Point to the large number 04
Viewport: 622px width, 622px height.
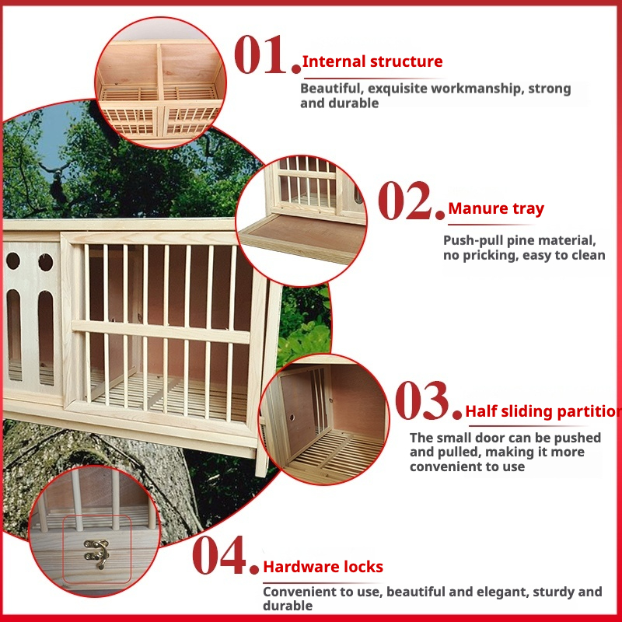pyautogui.click(x=225, y=555)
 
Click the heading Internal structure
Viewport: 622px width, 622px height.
pyautogui.click(x=372, y=62)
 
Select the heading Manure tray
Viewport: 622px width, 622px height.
pyautogui.click(x=496, y=208)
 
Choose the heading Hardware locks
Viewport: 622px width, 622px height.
pyautogui.click(x=323, y=567)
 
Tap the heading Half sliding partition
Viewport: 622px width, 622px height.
pyautogui.click(x=543, y=412)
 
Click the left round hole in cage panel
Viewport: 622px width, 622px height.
pyautogui.click(x=13, y=260)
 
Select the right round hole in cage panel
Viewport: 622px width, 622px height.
pyautogui.click(x=46, y=262)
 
